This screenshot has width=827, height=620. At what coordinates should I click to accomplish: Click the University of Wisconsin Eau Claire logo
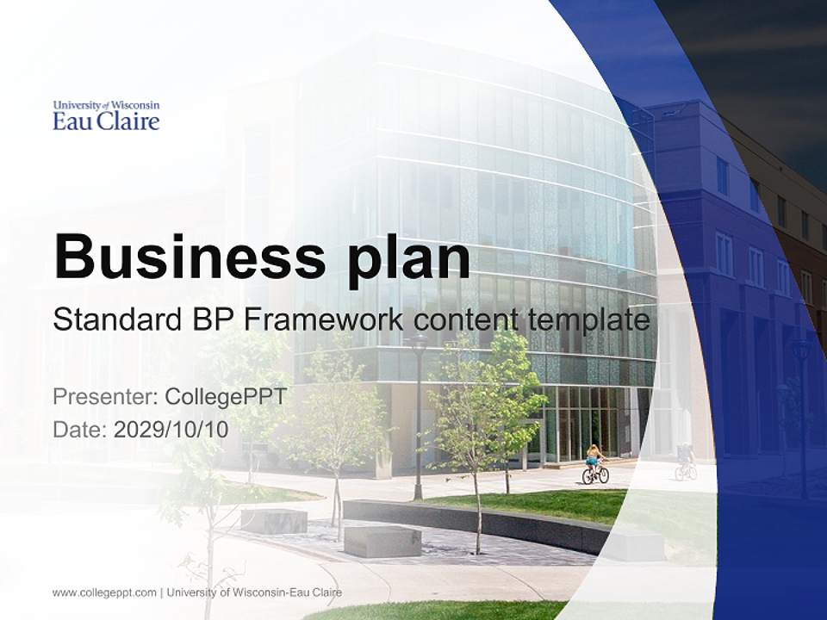click(x=106, y=115)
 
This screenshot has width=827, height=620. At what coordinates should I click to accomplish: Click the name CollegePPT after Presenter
click(x=225, y=397)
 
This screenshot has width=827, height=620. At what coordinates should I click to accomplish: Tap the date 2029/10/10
click(x=171, y=429)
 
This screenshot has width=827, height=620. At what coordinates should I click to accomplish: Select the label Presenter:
click(x=105, y=397)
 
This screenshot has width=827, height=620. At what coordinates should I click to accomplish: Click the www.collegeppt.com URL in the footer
click(x=104, y=592)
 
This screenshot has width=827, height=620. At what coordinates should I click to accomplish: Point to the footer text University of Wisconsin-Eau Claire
click(x=254, y=592)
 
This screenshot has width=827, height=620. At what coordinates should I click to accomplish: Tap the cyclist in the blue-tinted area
click(x=686, y=462)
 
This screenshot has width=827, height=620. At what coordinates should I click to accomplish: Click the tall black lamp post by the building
click(x=419, y=413)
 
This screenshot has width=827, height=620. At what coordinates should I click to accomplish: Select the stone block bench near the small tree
click(x=274, y=521)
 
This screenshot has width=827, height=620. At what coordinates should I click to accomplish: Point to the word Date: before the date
click(x=80, y=429)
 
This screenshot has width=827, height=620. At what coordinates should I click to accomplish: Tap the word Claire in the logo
click(x=128, y=121)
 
